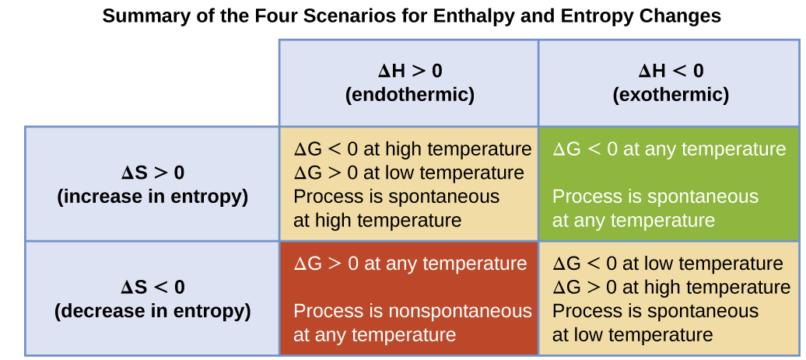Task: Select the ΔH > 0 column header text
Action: point(410,71)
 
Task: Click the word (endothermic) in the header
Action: point(410,95)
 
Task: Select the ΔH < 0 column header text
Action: point(671,71)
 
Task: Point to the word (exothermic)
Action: point(671,95)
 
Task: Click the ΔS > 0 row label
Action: point(152,173)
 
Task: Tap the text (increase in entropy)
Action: point(152,197)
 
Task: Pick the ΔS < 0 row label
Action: point(152,287)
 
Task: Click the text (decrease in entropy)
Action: point(152,311)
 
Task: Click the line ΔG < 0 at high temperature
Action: point(412,149)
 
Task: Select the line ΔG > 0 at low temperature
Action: point(408,173)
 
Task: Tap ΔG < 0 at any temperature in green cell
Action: point(669,149)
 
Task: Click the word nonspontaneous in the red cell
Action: point(461,311)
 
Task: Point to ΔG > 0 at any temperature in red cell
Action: point(410,264)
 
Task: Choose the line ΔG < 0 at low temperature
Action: point(668,264)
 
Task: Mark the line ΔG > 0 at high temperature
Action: point(671,287)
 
